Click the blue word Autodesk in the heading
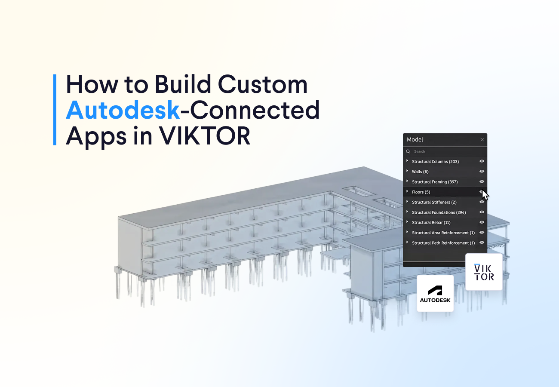(x=123, y=110)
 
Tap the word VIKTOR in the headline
(x=205, y=136)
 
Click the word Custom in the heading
(x=263, y=84)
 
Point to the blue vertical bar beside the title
(x=55, y=110)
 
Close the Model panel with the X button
(x=482, y=140)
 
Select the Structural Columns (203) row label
(x=435, y=162)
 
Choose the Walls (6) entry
(x=420, y=172)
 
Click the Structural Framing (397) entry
(x=435, y=182)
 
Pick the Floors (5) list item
(x=421, y=192)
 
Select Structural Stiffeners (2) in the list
(x=434, y=203)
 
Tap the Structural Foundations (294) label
(x=439, y=212)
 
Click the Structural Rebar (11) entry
(x=431, y=223)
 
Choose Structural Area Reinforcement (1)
(x=443, y=233)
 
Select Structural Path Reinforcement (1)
(x=443, y=243)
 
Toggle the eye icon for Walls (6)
(x=482, y=172)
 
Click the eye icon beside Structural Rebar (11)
(x=482, y=222)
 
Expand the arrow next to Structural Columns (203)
(x=407, y=161)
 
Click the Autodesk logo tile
(x=435, y=293)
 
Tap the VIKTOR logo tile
(x=484, y=272)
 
